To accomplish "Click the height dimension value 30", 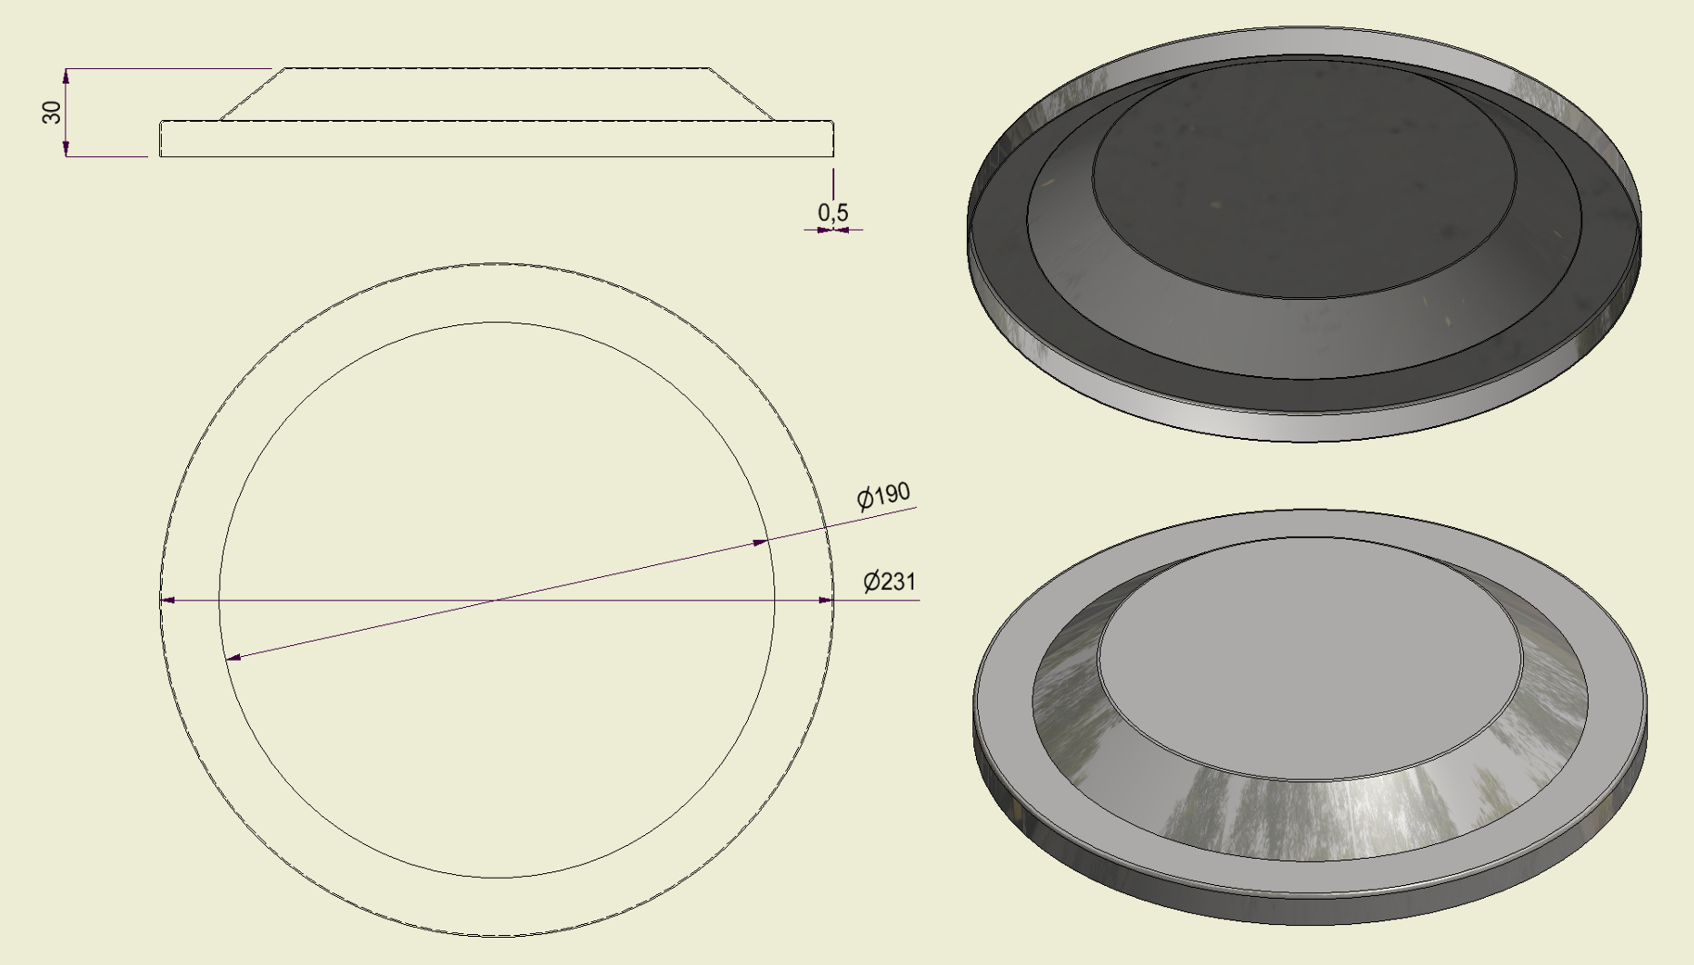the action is pos(53,113).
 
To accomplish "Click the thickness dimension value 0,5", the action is pos(833,213).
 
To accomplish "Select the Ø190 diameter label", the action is pos(883,495).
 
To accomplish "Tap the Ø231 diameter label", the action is pos(890,581).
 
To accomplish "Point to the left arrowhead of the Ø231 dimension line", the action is pos(167,601).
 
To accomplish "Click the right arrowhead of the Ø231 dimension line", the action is pos(825,601).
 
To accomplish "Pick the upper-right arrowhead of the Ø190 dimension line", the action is pos(761,542).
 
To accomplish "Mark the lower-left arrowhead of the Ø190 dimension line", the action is pos(234,657).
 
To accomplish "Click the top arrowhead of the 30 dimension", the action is pos(66,75).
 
